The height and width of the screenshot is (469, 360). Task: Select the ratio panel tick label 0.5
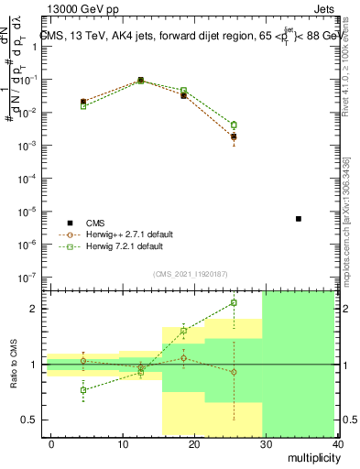[x=28, y=420]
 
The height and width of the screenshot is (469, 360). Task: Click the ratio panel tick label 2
[x=33, y=309]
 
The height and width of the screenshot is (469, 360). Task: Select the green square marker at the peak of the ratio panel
[x=234, y=302]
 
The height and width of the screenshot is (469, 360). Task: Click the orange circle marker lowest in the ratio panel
[x=234, y=372]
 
